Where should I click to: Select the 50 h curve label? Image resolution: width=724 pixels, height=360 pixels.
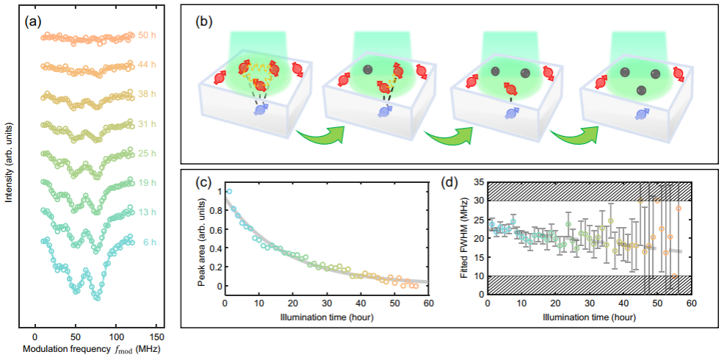(147, 35)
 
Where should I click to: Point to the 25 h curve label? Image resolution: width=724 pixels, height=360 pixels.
(147, 154)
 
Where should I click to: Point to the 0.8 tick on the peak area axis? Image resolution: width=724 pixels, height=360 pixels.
(214, 210)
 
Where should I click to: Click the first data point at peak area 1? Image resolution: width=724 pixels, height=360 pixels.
(229, 191)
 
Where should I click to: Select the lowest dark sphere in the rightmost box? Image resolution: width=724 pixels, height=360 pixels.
(641, 90)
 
